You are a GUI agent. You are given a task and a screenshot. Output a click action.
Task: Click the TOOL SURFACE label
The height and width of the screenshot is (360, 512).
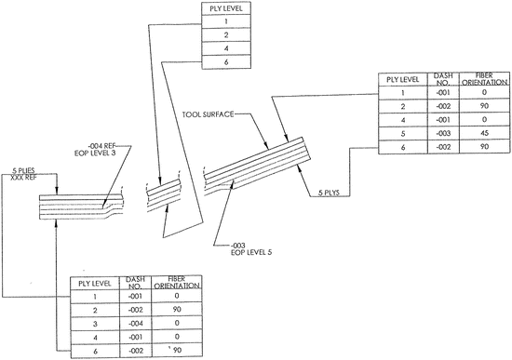[209, 114]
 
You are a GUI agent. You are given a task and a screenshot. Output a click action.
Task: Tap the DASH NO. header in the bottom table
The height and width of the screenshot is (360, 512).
[131, 281]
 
